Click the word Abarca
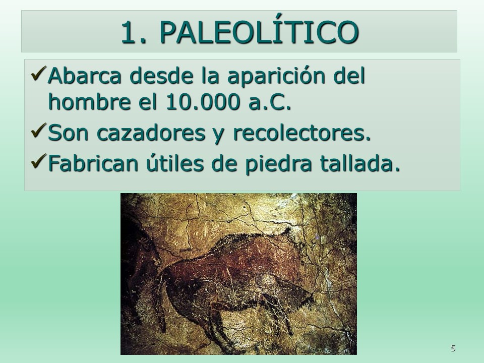tap(85, 76)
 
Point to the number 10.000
tap(203, 102)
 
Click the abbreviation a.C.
tap(269, 102)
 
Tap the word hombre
tap(90, 101)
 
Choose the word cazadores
tap(151, 133)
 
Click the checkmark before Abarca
tap(39, 74)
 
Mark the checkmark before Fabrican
tap(39, 161)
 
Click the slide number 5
tap(453, 348)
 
